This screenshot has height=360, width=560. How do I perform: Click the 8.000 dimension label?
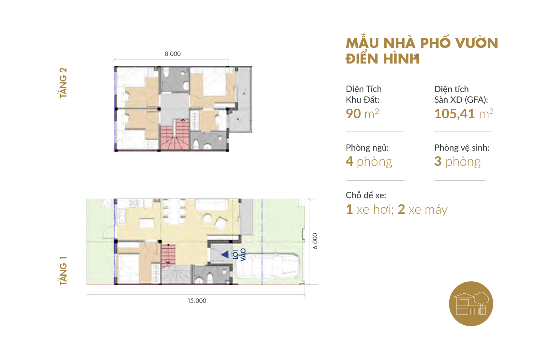[x=173, y=54]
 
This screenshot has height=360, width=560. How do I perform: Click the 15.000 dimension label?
[x=197, y=300]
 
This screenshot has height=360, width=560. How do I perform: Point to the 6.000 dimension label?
[x=315, y=241]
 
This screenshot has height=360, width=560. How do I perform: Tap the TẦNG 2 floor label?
[x=63, y=83]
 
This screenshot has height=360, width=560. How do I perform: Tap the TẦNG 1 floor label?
[x=63, y=271]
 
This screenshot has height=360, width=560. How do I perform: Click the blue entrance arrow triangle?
[x=225, y=255]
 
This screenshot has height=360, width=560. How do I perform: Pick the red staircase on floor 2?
[x=175, y=135]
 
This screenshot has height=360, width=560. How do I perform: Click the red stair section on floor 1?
[x=168, y=256]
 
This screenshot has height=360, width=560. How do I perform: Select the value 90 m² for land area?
[x=362, y=113]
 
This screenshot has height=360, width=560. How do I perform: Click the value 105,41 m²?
[x=464, y=113]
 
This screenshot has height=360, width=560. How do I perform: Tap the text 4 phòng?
[x=369, y=162]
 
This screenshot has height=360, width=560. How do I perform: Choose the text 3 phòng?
[x=457, y=162]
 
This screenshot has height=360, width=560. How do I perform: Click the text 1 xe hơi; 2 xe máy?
[x=397, y=209]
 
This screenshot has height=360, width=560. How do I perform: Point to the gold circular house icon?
[x=471, y=304]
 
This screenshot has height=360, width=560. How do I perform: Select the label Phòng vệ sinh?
[x=462, y=148]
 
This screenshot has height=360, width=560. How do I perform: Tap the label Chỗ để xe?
[x=366, y=195]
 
